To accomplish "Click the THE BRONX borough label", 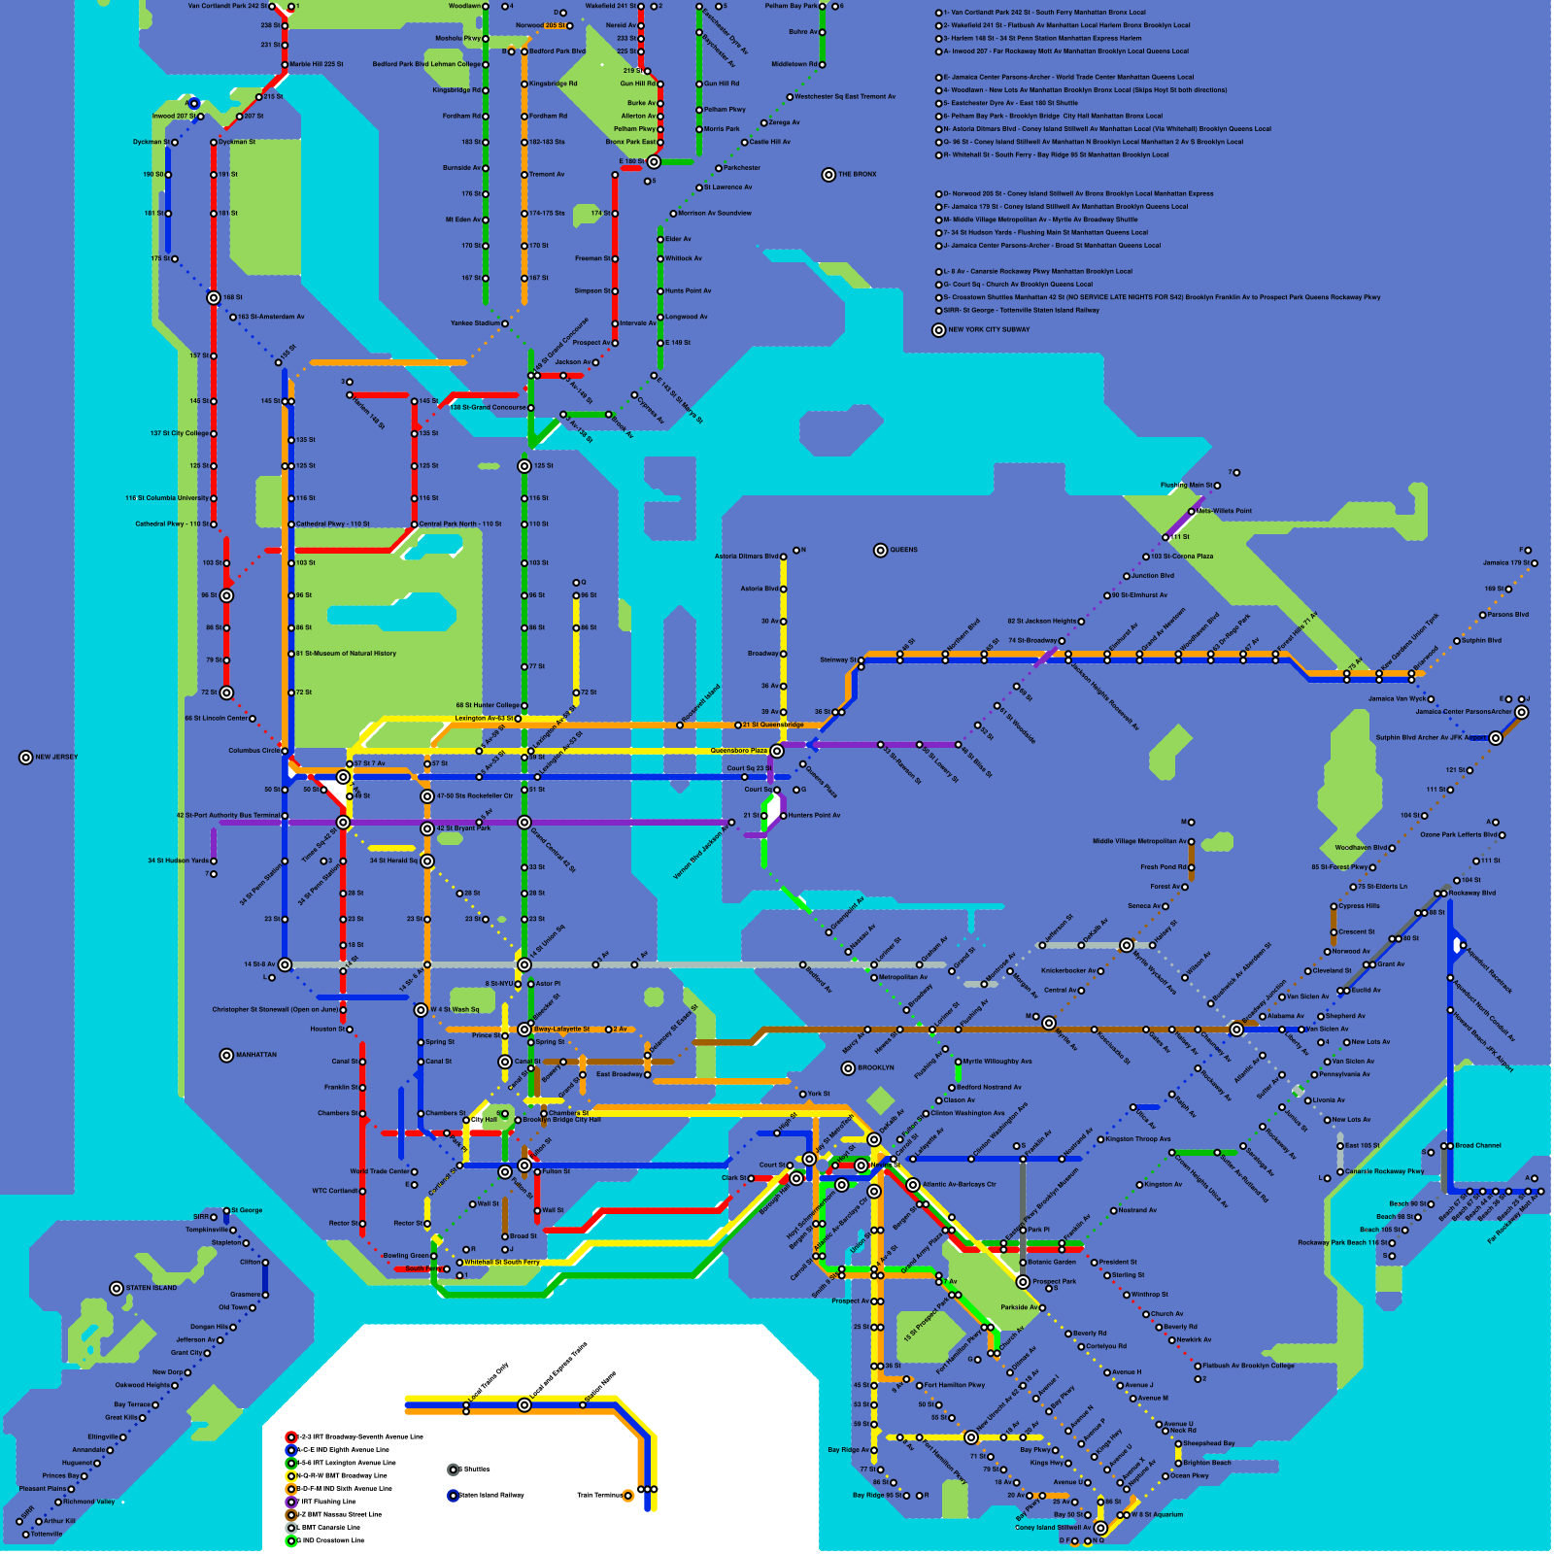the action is (857, 175).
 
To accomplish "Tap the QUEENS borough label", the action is (903, 551).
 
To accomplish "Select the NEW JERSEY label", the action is (56, 758).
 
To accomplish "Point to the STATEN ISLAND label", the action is (152, 1289).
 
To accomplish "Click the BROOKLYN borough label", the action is (875, 1068).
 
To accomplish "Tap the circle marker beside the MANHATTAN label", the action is (226, 1056).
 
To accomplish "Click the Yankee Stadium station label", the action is (475, 323).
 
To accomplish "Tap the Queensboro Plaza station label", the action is (738, 751).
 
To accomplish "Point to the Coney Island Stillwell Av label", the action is (1053, 1528).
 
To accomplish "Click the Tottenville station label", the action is (46, 1535).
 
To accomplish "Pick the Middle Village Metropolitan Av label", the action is (1139, 842).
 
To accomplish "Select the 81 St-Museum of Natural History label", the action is (346, 654).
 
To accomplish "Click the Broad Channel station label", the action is (1477, 1146).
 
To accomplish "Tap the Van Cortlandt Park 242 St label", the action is (226, 7).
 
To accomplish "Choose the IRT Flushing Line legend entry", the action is (326, 1502).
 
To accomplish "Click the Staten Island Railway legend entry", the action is (490, 1496).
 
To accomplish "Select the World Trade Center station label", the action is (379, 1172).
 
